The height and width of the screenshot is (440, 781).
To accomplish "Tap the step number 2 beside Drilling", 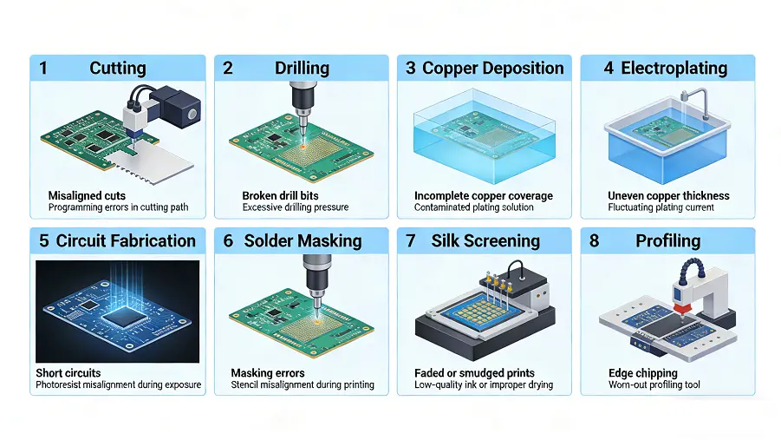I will pos(228,69).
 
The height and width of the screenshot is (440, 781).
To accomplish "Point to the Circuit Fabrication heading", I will pos(126,241).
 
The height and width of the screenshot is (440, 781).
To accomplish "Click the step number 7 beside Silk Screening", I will pos(410,241).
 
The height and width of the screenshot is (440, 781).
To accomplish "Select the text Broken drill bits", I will pos(280,196).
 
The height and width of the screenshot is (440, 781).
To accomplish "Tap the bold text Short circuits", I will pos(68,373).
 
